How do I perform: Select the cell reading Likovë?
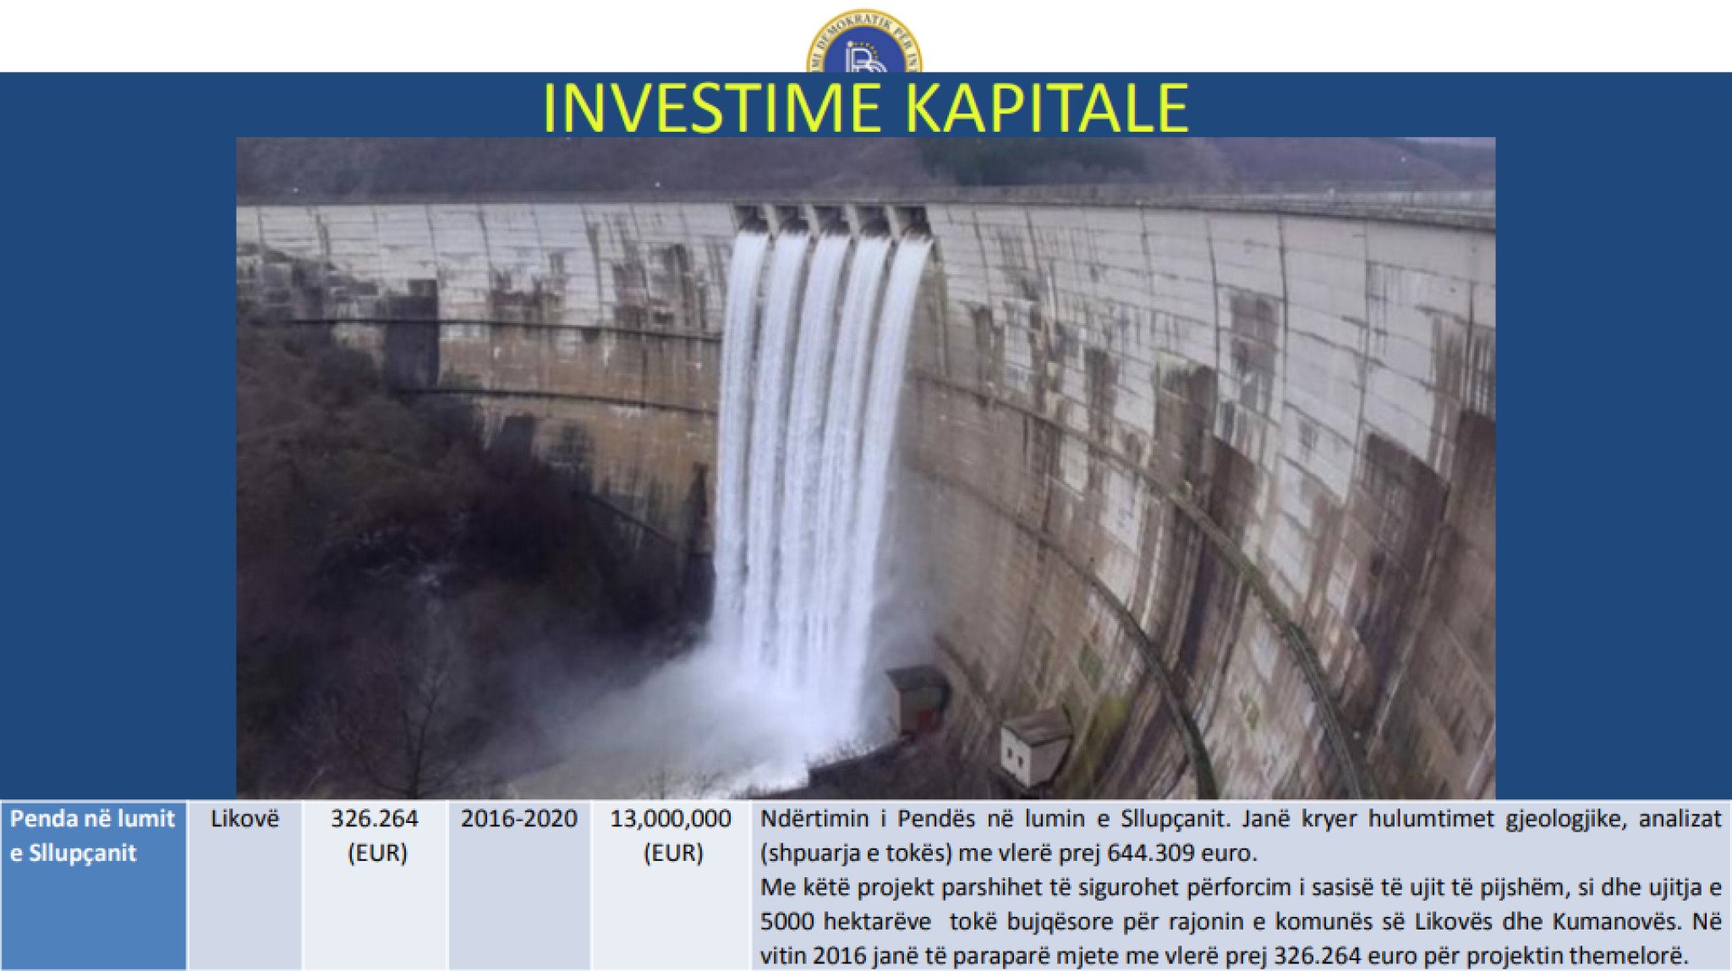(244, 885)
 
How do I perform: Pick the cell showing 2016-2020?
(519, 885)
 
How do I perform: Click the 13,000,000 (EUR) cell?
(671, 885)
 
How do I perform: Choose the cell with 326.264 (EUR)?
(375, 885)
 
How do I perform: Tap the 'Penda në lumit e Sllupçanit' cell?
(93, 885)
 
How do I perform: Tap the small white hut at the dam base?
(1034, 747)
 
